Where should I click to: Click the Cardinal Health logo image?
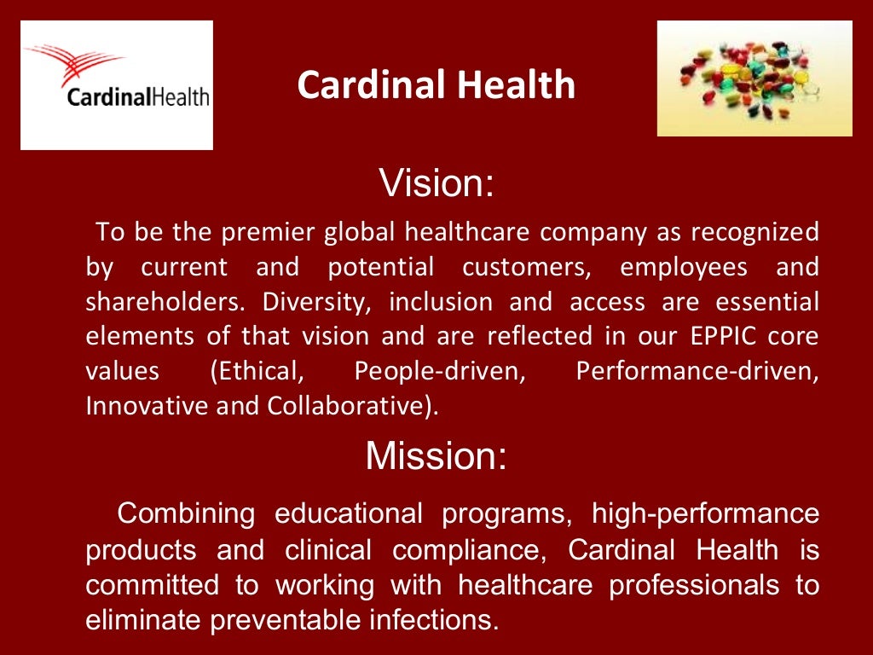[117, 85]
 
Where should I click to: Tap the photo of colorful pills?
[754, 78]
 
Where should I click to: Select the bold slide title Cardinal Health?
[436, 85]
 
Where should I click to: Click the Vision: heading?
[436, 183]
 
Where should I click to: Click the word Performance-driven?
[697, 371]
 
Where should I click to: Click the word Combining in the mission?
[186, 513]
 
